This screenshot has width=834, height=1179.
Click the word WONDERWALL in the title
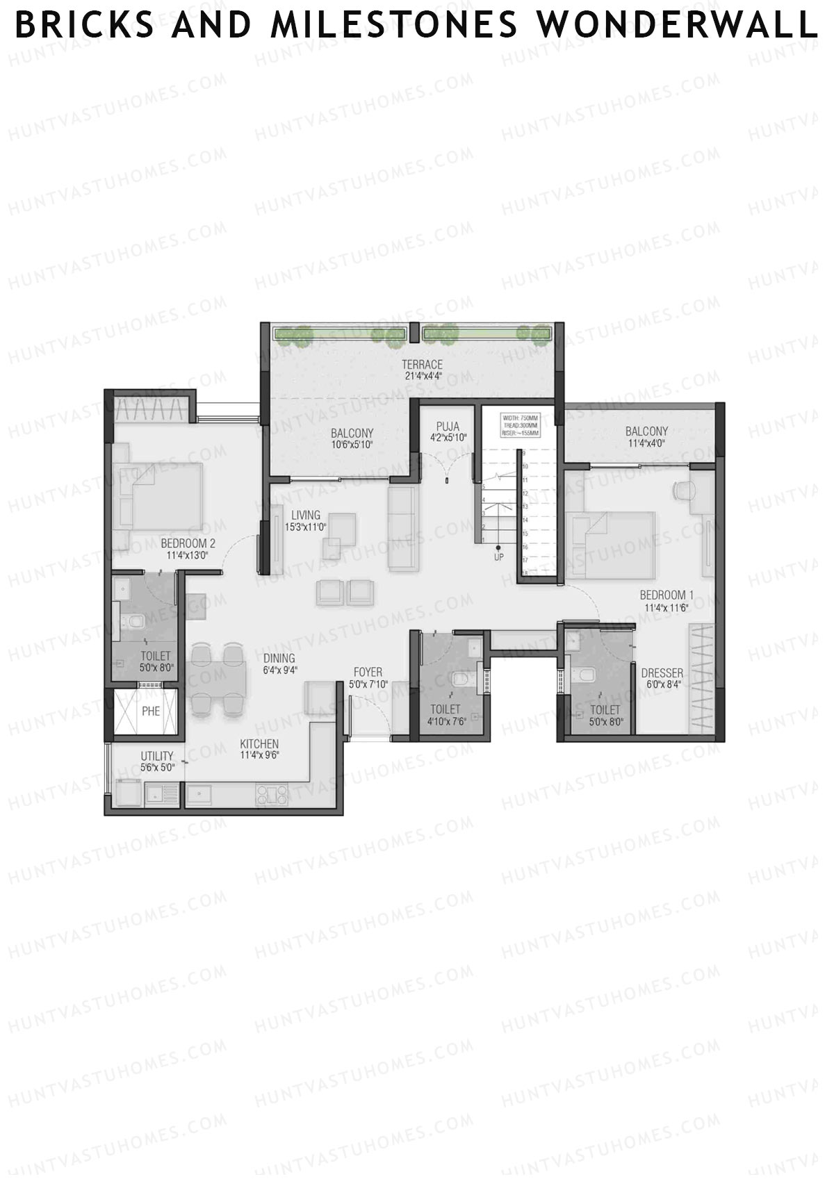678,26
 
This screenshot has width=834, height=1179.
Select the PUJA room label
448,427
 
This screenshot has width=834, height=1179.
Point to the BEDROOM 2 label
188,543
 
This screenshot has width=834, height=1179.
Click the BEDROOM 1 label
667,595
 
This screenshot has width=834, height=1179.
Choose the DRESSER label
662,673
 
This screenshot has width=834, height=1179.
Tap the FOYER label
368,672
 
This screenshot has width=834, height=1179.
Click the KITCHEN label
259,744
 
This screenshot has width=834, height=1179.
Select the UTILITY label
157,756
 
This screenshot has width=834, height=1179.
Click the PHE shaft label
151,711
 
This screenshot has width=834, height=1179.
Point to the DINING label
279,658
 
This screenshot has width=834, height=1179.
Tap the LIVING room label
306,515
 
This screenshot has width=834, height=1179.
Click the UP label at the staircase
498,556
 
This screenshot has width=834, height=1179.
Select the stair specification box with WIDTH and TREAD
521,424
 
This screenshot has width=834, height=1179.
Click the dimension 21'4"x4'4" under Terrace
423,377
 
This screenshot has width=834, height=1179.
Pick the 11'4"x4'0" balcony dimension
646,443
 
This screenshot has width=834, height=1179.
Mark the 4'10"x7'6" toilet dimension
445,720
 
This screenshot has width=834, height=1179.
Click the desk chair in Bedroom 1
684,490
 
